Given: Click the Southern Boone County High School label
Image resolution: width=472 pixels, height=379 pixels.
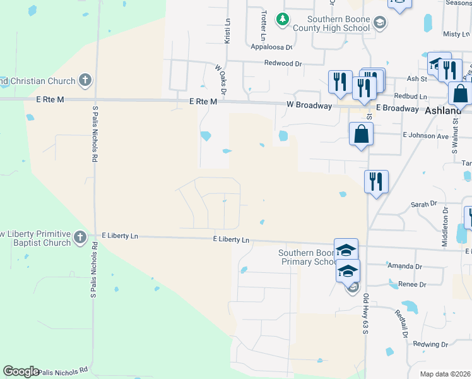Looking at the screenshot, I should (x=338, y=24).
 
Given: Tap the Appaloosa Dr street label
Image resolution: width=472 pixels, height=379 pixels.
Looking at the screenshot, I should (x=272, y=47).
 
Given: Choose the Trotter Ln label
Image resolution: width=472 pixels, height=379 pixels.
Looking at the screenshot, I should (x=263, y=23).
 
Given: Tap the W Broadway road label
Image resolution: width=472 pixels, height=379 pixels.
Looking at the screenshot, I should (x=309, y=105).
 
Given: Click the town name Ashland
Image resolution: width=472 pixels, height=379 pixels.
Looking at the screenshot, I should (x=444, y=110).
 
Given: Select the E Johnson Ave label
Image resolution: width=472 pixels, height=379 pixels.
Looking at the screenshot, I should (x=425, y=135).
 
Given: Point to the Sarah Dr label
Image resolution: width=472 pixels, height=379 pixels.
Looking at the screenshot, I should (x=424, y=204).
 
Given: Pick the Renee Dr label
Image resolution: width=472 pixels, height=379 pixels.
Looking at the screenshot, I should (x=412, y=285).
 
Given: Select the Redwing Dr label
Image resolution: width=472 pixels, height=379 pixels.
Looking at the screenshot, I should (x=430, y=344).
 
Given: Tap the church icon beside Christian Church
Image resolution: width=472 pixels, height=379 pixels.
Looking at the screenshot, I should (x=85, y=80).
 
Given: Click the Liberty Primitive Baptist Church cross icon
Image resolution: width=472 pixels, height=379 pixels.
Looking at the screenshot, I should (x=80, y=238).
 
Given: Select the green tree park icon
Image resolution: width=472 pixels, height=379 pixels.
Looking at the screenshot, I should (x=283, y=21).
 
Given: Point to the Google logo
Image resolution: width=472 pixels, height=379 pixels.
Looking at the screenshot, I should (x=21, y=371).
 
